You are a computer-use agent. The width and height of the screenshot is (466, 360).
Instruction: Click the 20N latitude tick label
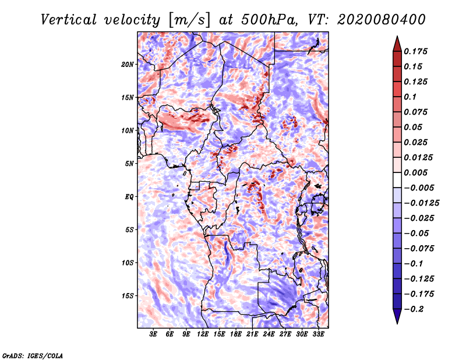tap(128, 65)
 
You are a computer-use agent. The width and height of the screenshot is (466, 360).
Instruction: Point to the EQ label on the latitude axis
tap(129, 197)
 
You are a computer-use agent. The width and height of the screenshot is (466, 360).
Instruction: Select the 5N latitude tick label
tap(129, 164)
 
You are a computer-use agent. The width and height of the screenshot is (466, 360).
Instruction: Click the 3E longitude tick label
tap(153, 334)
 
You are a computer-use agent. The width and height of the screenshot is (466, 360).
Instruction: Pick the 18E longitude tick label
tap(236, 334)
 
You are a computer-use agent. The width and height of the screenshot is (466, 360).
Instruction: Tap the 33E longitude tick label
tap(318, 334)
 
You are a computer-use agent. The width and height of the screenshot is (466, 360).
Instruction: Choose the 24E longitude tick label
tap(269, 334)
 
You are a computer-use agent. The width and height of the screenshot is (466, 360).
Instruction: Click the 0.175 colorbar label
tap(415, 51)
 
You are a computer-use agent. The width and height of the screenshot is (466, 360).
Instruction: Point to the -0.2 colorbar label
tap(414, 309)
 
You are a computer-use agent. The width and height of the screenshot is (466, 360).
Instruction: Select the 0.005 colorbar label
tap(415, 172)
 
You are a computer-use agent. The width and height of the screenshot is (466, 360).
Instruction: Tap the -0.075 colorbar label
tap(419, 249)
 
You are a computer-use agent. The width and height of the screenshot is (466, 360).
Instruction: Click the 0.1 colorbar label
tap(410, 97)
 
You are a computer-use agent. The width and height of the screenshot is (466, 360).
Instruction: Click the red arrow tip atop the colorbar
tap(397, 36)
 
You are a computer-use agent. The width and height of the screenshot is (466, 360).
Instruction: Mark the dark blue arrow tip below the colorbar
tap(397, 323)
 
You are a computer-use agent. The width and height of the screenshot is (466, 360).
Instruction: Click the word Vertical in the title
tap(69, 20)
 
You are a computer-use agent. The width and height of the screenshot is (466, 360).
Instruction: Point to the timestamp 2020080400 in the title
tap(382, 20)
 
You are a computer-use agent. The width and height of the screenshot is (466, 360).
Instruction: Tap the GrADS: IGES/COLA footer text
tap(33, 356)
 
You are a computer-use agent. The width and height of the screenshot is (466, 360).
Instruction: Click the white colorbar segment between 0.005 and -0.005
tap(397, 180)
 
